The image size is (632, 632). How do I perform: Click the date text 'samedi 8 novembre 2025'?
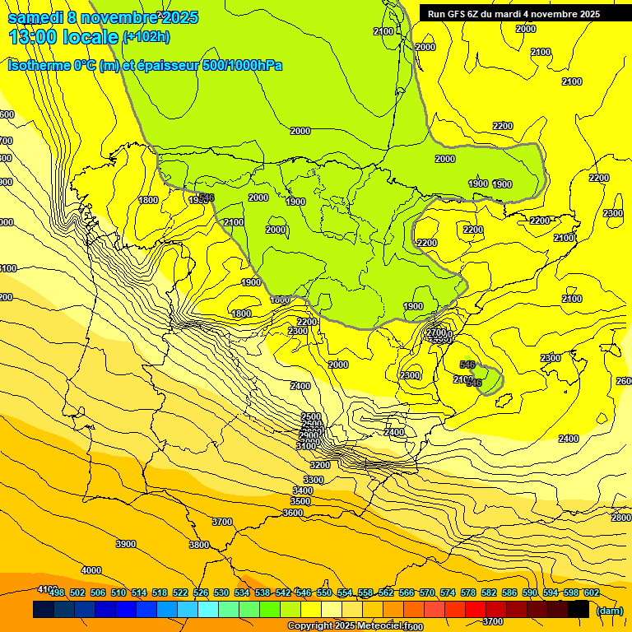coord(103,17)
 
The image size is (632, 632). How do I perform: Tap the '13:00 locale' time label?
coord(63,37)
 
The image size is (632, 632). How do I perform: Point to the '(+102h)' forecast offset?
coord(146,37)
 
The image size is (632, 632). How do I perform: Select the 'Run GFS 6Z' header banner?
coord(513,14)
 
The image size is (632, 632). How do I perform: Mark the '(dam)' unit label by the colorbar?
coord(609,611)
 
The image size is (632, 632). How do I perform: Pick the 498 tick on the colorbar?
coord(57,592)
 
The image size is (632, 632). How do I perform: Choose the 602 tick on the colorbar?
coord(592,592)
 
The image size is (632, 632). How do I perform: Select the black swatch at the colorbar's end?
coord(579,609)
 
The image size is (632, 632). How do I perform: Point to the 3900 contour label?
coord(125,544)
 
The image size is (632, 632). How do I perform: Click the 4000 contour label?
coord(91,570)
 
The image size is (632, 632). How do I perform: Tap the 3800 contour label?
coord(198,545)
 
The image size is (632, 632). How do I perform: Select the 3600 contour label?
coord(293,513)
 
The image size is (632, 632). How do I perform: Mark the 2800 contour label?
coord(621,518)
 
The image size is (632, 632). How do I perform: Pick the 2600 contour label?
coord(624,381)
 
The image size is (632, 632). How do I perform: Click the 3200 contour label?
coord(320,465)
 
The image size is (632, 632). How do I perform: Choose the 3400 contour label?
coord(303,490)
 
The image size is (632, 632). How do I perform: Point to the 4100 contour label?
coord(48,589)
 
